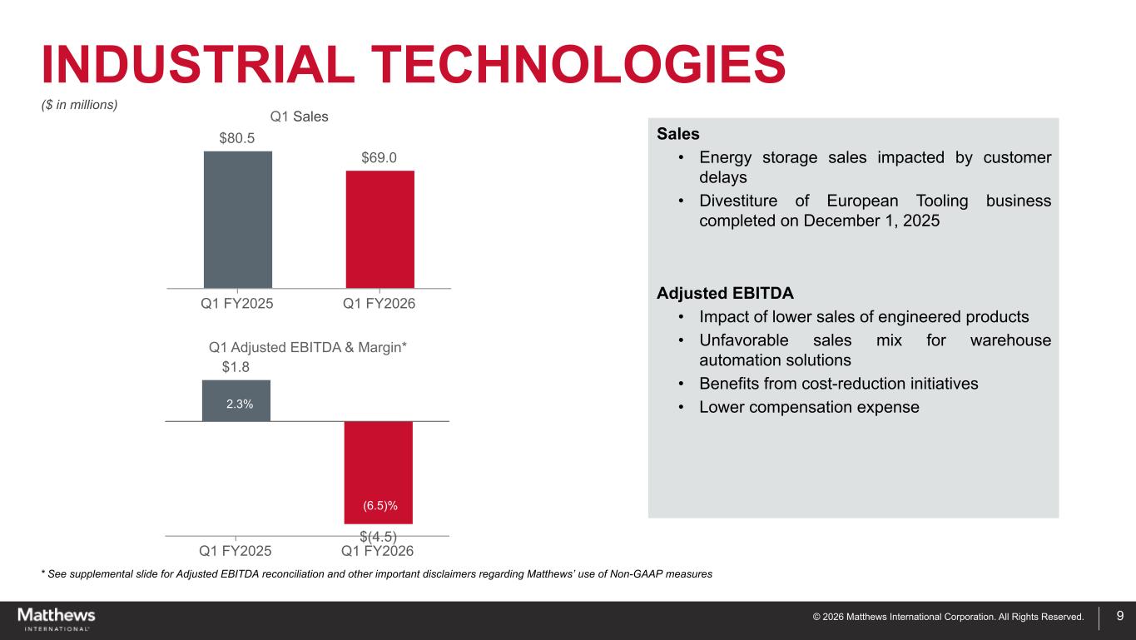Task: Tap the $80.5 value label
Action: click(x=237, y=138)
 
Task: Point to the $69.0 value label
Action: click(x=379, y=157)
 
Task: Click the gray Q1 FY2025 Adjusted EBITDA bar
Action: click(x=236, y=391)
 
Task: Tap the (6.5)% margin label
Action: click(x=379, y=505)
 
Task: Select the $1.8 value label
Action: click(x=236, y=366)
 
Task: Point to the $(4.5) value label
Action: click(x=378, y=537)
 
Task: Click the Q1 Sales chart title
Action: click(x=300, y=117)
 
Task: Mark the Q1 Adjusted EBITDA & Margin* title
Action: click(x=307, y=346)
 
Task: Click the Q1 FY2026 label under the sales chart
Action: click(x=379, y=305)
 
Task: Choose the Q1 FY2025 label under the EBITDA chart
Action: click(x=236, y=550)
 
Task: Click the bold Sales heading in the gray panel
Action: click(x=677, y=134)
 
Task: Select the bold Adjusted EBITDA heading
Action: click(x=725, y=294)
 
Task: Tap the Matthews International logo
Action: click(x=57, y=618)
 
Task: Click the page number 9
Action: click(x=1120, y=617)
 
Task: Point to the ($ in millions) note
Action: click(x=80, y=104)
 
